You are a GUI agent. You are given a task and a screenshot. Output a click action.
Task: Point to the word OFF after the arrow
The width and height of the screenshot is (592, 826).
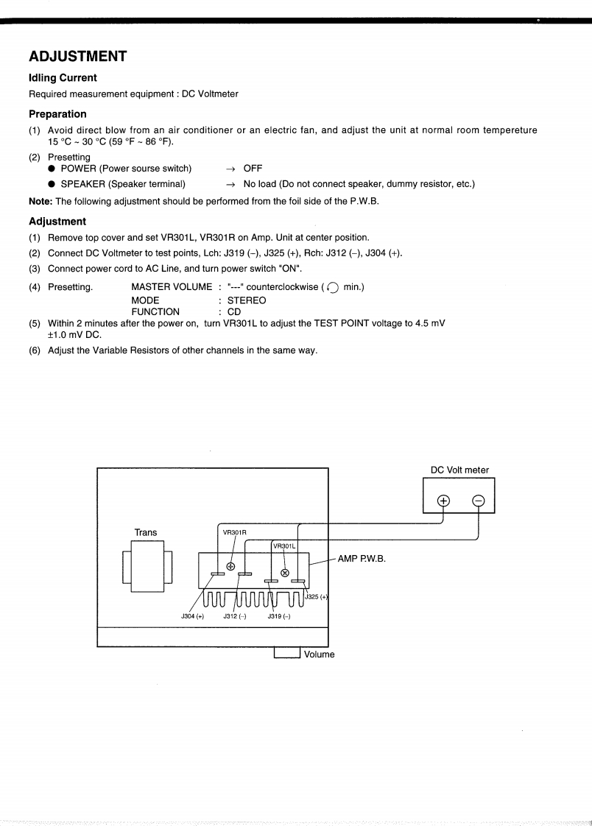[253, 169]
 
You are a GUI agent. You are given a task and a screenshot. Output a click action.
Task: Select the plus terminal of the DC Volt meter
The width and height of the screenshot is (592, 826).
[443, 501]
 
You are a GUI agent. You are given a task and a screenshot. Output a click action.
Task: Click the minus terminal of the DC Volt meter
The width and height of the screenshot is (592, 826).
[478, 501]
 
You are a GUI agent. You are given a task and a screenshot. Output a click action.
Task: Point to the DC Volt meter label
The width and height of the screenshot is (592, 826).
[459, 470]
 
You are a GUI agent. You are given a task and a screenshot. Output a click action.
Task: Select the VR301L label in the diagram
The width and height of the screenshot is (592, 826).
[283, 546]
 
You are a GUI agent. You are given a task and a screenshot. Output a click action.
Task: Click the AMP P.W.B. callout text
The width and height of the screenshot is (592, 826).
[362, 558]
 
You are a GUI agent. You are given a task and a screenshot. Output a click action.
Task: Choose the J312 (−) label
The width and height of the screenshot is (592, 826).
[235, 616]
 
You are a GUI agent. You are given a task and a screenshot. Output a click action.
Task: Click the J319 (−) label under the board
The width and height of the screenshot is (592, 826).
[277, 616]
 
